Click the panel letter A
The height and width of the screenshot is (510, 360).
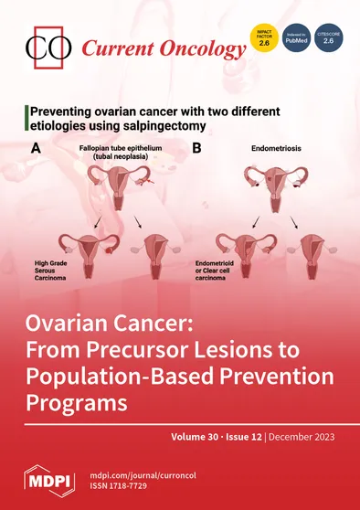click(36, 147)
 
